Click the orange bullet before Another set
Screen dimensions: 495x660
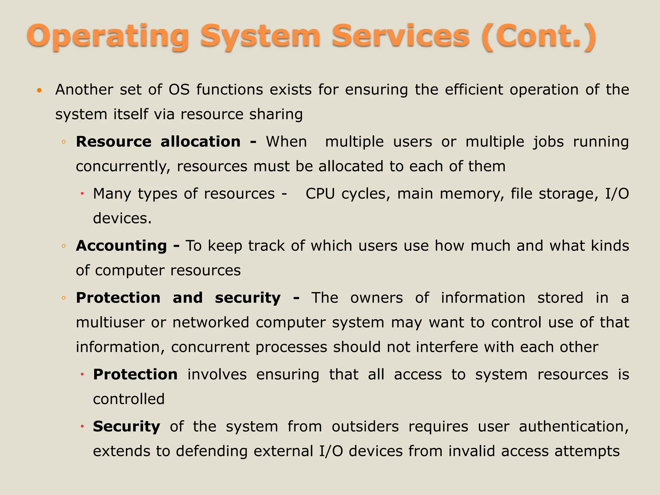(39, 91)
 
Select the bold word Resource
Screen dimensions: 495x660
(113, 142)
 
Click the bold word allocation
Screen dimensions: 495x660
(200, 142)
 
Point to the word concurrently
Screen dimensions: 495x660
(123, 167)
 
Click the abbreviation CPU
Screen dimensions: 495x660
(320, 194)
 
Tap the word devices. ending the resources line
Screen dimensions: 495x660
(122, 218)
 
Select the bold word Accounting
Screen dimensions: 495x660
(121, 246)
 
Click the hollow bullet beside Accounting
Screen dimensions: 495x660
(64, 246)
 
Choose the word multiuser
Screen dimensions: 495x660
(110, 323)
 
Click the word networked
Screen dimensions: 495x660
(211, 323)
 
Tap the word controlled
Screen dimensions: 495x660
(129, 399)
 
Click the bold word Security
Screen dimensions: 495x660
(126, 427)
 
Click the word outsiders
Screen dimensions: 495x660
(365, 427)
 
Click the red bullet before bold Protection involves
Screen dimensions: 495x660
(82, 374)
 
